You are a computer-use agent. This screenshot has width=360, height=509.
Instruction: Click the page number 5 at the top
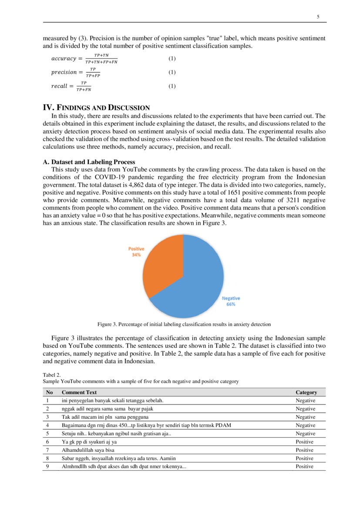pos(318,17)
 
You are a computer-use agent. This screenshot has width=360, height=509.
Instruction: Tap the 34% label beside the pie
pos(136,255)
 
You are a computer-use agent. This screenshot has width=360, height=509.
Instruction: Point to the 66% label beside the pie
pos(231,304)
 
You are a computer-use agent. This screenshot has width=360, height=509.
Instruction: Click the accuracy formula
pos(84,58)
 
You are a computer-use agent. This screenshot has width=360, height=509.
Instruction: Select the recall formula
pos(71,86)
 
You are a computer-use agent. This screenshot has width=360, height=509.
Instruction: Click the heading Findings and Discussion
pos(96,108)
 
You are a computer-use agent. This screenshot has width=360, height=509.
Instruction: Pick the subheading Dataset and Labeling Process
pos(89,162)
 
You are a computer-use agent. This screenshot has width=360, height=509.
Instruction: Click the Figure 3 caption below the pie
pos(184,324)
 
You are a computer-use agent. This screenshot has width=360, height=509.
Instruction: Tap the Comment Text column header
pos(79,392)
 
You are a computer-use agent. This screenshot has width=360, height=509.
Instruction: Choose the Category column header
pos(306,392)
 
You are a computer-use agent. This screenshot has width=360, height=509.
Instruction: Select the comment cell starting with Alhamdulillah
pos(88,450)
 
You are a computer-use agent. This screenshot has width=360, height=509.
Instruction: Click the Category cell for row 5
pos(305,434)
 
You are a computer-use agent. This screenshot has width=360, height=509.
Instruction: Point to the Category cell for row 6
pos(304,442)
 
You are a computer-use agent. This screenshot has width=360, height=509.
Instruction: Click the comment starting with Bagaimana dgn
pos(146,425)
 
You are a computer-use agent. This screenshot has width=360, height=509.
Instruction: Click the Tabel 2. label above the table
pos(51,374)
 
